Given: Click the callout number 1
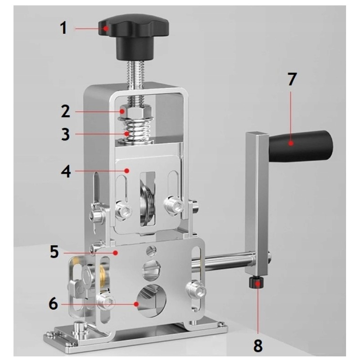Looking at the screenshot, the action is [63, 28].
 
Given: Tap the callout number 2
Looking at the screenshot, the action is [65, 111].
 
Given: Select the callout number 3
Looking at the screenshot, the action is [65, 134].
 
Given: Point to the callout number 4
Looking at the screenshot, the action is [66, 171].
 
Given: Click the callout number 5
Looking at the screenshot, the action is [54, 252].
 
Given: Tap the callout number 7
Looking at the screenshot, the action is [292, 79].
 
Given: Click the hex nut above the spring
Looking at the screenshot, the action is [136, 111].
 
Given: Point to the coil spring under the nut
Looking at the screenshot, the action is [136, 131].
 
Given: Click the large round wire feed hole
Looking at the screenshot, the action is [152, 301].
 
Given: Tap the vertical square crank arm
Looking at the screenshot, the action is [256, 204].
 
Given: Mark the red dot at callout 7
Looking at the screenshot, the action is [291, 144].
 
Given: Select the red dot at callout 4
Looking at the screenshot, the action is [126, 171].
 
